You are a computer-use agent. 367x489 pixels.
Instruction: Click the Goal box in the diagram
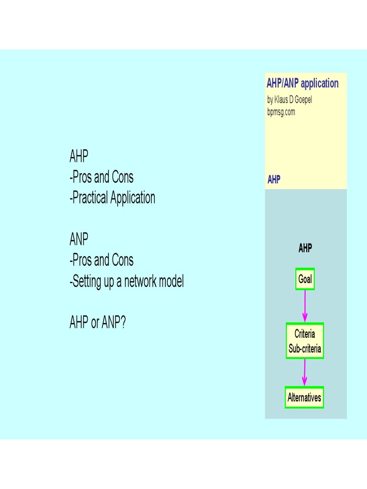pyautogui.click(x=305, y=279)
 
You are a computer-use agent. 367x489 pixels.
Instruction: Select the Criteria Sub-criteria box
pyautogui.click(x=304, y=341)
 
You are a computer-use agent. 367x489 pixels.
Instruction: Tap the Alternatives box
pyautogui.click(x=304, y=397)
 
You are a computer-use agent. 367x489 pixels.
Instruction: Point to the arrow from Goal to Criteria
pyautogui.click(x=305, y=306)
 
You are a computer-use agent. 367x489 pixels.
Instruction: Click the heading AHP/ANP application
pyautogui.click(x=302, y=84)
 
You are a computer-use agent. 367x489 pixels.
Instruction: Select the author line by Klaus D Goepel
pyautogui.click(x=290, y=100)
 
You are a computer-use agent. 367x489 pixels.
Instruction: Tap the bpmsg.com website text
pyautogui.click(x=281, y=112)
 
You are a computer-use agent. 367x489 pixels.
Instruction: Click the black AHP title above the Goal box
pyautogui.click(x=305, y=248)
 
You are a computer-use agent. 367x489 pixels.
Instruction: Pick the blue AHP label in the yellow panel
pyautogui.click(x=274, y=180)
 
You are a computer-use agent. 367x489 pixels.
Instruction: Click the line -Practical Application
pyautogui.click(x=112, y=198)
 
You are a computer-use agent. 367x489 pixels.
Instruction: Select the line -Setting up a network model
pyautogui.click(x=126, y=281)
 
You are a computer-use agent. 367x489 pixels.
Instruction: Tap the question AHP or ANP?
pyautogui.click(x=97, y=323)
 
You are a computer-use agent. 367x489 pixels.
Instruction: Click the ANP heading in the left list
pyautogui.click(x=79, y=239)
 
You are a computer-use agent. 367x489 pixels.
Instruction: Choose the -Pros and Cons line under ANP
pyautogui.click(x=101, y=260)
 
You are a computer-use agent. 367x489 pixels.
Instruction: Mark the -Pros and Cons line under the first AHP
pyautogui.click(x=101, y=177)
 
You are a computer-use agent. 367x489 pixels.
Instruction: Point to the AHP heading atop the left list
pyautogui.click(x=79, y=156)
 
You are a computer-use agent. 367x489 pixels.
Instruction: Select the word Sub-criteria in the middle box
pyautogui.click(x=304, y=348)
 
